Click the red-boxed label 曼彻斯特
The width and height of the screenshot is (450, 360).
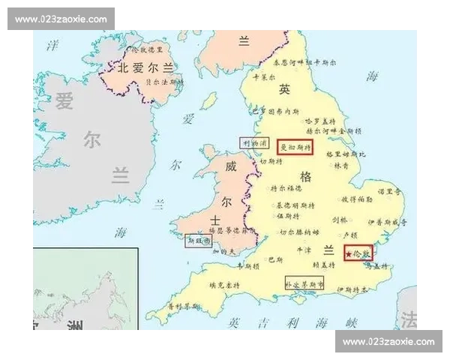click(295, 147)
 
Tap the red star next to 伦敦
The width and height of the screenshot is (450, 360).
click(349, 254)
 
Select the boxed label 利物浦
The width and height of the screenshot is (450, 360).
click(253, 142)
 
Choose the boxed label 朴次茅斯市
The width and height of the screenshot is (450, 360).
click(304, 285)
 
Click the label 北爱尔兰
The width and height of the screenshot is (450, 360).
click(147, 67)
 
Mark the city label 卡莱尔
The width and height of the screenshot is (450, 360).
click(265, 76)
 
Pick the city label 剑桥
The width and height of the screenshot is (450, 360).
click(339, 220)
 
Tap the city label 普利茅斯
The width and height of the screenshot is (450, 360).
click(184, 306)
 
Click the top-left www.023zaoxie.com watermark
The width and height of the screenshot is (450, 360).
click(62, 19)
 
